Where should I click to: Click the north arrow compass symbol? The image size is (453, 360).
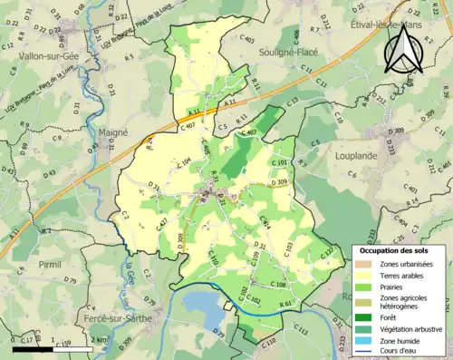pos(403,47)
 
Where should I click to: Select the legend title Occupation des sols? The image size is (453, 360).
pos(395,250)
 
